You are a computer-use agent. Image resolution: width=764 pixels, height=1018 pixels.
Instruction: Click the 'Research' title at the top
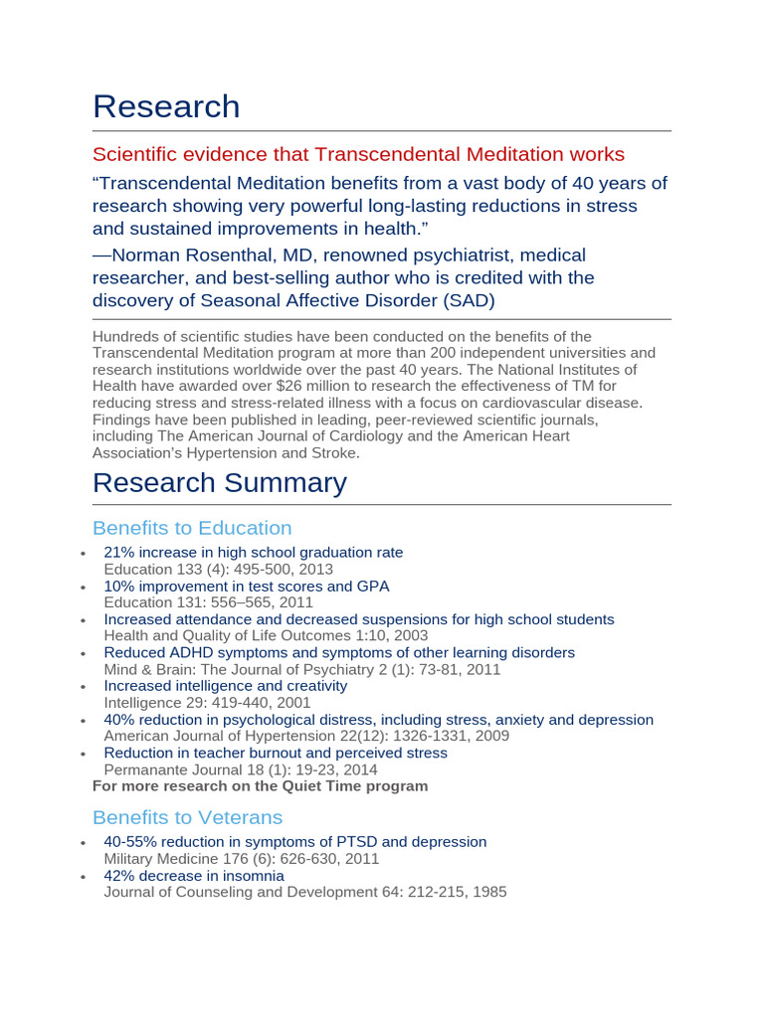(166, 106)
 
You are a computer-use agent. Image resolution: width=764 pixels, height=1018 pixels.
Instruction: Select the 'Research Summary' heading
(219, 483)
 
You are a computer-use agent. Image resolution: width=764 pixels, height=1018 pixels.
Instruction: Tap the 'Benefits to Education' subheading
(192, 528)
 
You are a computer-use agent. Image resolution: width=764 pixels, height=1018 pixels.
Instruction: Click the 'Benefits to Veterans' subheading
(187, 817)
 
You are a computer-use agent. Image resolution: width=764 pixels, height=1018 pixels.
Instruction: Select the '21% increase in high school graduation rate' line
(253, 553)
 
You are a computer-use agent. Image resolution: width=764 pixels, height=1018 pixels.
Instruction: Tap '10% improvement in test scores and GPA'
(246, 587)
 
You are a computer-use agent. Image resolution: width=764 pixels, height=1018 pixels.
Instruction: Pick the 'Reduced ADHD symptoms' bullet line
(339, 653)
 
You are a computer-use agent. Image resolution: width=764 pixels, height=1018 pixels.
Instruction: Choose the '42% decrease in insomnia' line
(194, 876)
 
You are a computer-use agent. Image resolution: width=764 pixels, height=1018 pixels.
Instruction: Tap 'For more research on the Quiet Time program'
(260, 786)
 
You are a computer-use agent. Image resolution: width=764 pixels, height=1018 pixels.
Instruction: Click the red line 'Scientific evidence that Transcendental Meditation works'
(358, 154)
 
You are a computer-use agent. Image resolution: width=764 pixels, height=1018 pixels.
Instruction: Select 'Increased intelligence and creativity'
(226, 686)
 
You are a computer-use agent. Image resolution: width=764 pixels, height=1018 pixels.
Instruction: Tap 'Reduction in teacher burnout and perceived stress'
(276, 753)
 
